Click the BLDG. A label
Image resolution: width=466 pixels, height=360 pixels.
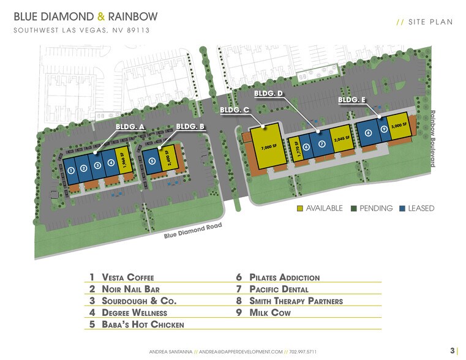[x=130, y=127]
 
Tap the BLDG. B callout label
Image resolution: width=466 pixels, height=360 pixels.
[x=190, y=127]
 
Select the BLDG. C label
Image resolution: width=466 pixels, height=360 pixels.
[x=234, y=110]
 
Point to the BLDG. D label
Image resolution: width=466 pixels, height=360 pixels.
[x=268, y=94]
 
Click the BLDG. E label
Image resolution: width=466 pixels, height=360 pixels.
[x=352, y=100]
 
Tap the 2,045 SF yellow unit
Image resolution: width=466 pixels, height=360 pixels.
[x=341, y=138]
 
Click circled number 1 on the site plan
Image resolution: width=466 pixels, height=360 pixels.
[x=72, y=170]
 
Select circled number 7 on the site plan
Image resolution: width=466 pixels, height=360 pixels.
[x=321, y=143]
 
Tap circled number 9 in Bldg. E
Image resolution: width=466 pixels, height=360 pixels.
[x=384, y=129]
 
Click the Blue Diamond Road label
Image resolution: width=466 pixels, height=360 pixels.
[x=192, y=232]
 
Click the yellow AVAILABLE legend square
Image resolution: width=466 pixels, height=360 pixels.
[x=299, y=208]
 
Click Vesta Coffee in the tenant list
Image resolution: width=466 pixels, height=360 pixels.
[x=128, y=277]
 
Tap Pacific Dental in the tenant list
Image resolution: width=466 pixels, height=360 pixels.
[x=287, y=289]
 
